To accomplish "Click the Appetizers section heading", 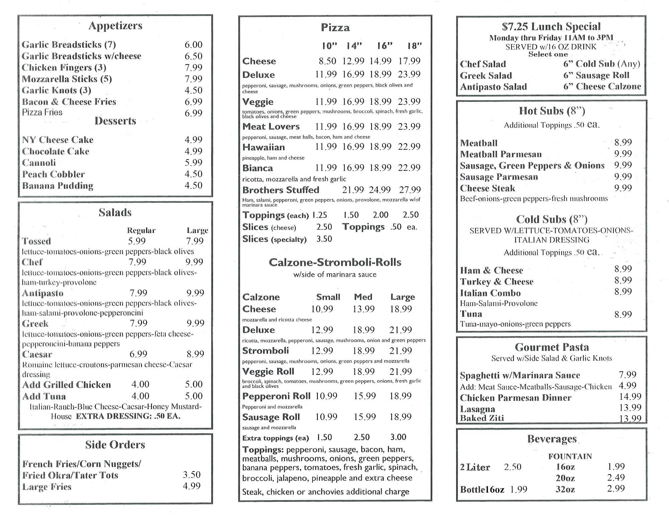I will coord(115,26).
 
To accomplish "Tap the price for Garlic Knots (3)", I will coord(193,90).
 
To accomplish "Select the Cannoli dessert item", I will coord(39,163).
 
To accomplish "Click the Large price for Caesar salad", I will coord(195,354).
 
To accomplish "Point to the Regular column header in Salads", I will coord(141,231).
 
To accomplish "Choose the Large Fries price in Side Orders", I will coord(192,486).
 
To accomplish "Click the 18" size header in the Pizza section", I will coord(414,46).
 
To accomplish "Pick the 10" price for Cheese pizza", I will coord(327,61).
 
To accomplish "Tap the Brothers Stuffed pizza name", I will coord(281,190).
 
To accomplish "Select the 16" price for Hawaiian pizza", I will coord(380,147).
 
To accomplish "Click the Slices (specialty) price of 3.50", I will coord(324,239).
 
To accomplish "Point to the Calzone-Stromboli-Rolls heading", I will coord(335,262).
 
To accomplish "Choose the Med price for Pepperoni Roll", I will coord(365,396).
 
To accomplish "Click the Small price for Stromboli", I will coord(322,351).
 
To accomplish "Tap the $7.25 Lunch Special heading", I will coord(551,26).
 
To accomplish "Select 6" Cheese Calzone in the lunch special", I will coord(602,87).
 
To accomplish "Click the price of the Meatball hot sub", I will coord(623,143).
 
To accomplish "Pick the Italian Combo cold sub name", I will coord(490,293).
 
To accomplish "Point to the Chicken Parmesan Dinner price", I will coord(630,397).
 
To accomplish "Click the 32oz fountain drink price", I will coord(616,489).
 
